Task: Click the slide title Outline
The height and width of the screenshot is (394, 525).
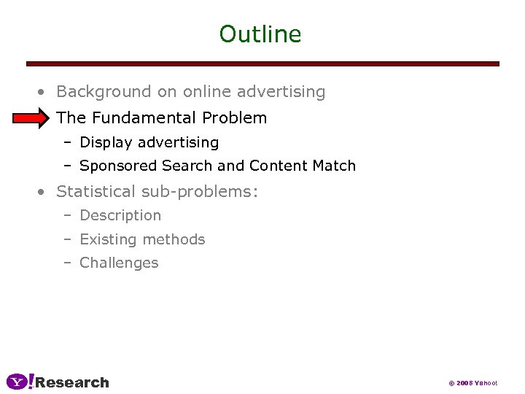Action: coord(260,34)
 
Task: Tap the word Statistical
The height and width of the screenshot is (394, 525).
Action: coord(96,191)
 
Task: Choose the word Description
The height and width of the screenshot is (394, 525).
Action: coord(120,215)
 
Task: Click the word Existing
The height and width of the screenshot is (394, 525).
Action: coord(106,239)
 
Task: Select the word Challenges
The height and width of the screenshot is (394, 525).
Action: coord(119,263)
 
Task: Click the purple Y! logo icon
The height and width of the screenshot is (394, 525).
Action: coord(20,382)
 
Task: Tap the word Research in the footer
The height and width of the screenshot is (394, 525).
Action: coord(72,382)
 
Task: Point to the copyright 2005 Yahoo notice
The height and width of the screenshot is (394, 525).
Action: coord(472,383)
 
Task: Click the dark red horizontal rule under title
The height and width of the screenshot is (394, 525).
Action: coord(262,64)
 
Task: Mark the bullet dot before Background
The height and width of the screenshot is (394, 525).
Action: coord(43,93)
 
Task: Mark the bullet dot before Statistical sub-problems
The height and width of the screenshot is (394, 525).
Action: coord(43,192)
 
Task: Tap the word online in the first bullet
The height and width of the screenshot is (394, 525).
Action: coord(206,92)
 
